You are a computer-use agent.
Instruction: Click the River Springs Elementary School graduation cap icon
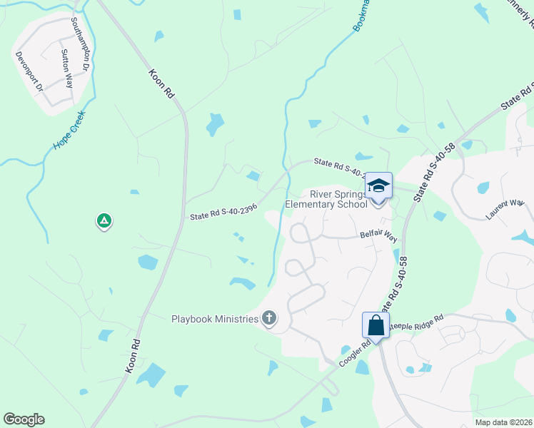379,187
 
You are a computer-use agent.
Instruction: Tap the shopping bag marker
376,325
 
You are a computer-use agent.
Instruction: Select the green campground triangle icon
104,221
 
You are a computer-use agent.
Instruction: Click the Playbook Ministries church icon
269,318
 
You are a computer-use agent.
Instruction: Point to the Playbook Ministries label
215,319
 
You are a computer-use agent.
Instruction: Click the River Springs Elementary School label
326,199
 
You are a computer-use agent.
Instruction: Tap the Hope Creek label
69,130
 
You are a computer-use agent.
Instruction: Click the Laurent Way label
505,208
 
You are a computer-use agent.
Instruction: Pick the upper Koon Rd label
161,83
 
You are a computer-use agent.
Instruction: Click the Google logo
24,419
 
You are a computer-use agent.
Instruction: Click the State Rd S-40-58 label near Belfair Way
398,285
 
